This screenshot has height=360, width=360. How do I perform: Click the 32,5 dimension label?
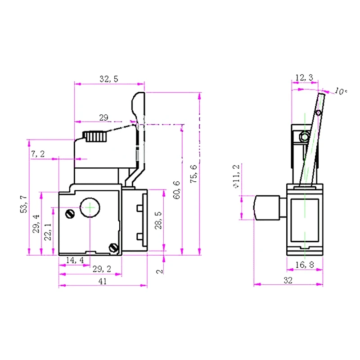pos(108,79)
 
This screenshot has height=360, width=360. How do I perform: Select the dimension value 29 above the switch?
pos(103,117)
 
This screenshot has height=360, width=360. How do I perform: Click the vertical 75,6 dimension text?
pos(194,173)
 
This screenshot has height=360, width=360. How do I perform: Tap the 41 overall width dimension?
pos(103,281)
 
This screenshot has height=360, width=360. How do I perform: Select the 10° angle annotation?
pos(341,91)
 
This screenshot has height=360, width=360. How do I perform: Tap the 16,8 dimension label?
pos(305,265)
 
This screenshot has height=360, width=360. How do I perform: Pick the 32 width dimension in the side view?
pos(288,280)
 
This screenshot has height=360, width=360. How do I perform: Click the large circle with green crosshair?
pos(90,207)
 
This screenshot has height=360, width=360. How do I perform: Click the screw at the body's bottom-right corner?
pos(113,247)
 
